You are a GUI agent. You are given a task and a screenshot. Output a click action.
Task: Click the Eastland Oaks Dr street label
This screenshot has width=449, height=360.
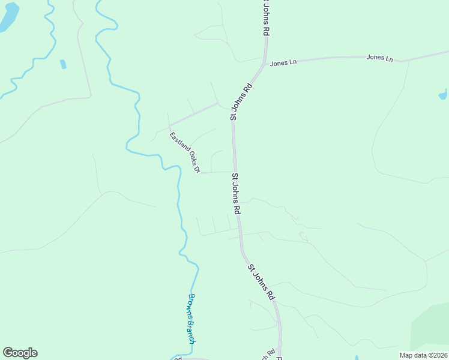coord(184,152)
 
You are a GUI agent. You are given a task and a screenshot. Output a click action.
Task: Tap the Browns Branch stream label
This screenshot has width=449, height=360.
coord(191,319)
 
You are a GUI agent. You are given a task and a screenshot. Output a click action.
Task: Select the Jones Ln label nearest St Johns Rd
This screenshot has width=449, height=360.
coord(280,63)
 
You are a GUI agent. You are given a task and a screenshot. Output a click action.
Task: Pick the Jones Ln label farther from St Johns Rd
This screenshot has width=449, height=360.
coord(379,58)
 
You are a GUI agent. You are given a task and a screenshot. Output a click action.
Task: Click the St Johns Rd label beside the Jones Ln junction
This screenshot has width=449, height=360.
coord(241,102)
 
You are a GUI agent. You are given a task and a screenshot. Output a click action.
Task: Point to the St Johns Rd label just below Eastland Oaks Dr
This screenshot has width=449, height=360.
coord(237,194)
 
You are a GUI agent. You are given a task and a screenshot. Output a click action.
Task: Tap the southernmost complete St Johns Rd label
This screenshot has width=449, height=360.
coord(261,281)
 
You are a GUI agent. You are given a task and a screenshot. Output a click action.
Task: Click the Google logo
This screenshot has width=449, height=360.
coord(20,353)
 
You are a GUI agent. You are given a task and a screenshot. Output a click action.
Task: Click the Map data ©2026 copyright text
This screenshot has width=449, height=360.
coord(424,355)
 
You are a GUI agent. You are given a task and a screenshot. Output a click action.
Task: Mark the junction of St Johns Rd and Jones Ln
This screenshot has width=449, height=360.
coord(265,61)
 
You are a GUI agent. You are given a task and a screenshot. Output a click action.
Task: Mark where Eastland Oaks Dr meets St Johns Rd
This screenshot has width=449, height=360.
coord(234,172)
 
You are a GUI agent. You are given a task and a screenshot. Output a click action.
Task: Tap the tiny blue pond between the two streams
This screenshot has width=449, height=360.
coord(63,64)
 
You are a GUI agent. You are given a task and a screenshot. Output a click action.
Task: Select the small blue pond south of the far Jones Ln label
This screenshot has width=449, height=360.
coord(443,94)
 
